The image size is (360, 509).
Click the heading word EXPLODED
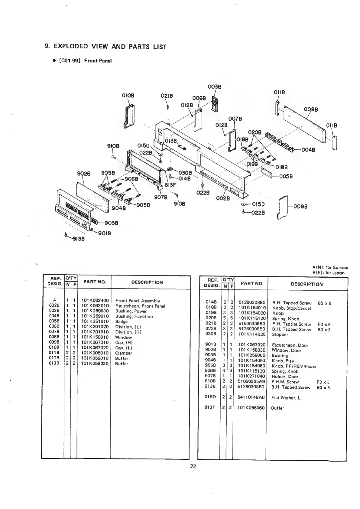71,47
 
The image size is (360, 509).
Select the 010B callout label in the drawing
128,96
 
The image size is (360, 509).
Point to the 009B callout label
301,207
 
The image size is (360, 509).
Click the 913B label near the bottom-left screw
78,239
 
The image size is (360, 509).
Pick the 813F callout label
170,185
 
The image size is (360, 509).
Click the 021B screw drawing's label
167,96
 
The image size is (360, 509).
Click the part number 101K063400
95,301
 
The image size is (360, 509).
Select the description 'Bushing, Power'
131,311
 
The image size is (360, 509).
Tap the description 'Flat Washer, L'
286,398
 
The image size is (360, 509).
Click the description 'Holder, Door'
285,377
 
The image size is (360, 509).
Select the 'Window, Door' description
286,350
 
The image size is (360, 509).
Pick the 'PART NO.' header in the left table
95,282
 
